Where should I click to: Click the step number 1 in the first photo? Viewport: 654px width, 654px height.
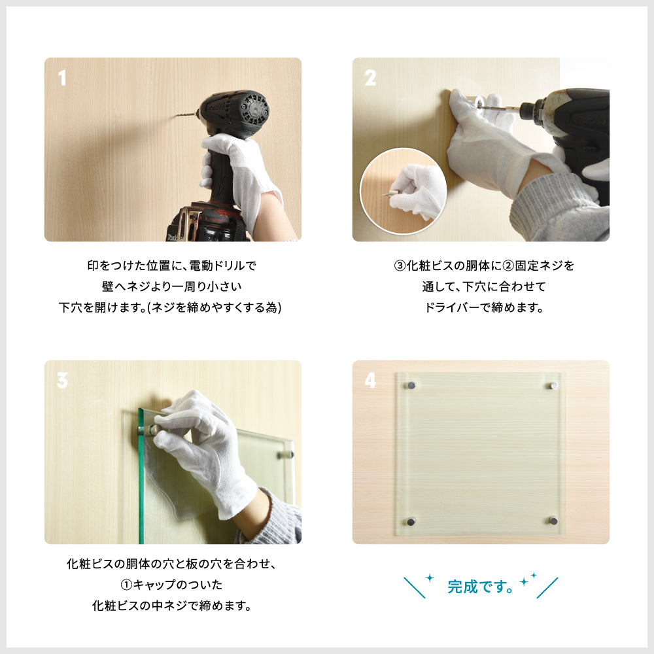click(62, 78)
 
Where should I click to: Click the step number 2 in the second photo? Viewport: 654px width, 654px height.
click(370, 78)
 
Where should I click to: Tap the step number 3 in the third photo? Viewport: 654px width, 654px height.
click(62, 381)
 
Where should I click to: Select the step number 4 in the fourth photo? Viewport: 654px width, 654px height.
click(370, 381)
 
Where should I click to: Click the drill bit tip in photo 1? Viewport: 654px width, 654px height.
click(178, 116)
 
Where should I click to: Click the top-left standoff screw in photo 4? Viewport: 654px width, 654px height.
click(412, 386)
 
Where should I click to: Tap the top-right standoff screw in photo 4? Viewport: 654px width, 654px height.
click(553, 386)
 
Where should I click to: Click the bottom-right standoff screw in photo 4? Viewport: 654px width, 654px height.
click(553, 521)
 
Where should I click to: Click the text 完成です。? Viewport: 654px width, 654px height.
click(480, 587)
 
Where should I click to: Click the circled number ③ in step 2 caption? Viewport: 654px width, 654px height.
click(400, 266)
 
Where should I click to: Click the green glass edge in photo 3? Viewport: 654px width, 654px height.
click(141, 477)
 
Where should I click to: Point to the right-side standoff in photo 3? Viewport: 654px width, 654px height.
click(286, 454)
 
